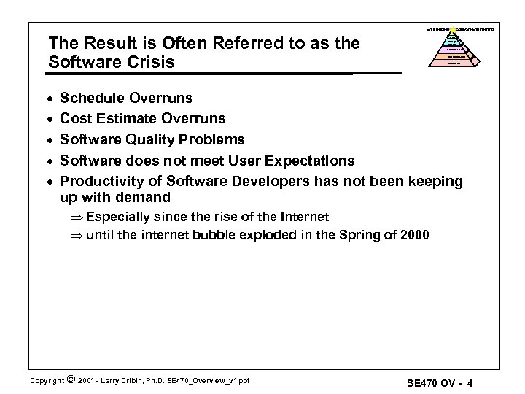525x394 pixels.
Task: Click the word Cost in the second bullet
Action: (x=75, y=118)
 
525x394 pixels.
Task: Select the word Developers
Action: (x=269, y=181)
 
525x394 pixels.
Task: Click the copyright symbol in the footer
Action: (x=69, y=379)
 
